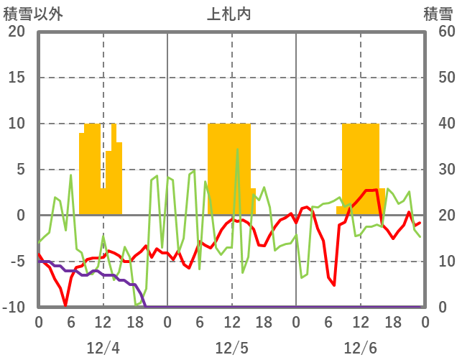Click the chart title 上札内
pos(229,14)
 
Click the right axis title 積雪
pos(437,14)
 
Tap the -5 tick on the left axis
pos(16,262)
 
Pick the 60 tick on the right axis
pos(440,32)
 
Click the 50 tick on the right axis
pos(440,78)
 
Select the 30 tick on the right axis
pos(440,170)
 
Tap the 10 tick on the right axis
pos(440,262)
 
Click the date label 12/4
pos(103,348)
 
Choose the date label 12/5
pos(231,348)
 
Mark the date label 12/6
pos(360,348)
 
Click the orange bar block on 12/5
pos(229,169)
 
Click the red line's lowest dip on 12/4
pos(65,305)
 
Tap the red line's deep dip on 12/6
pos(334,285)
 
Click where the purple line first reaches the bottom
pos(146,307)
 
